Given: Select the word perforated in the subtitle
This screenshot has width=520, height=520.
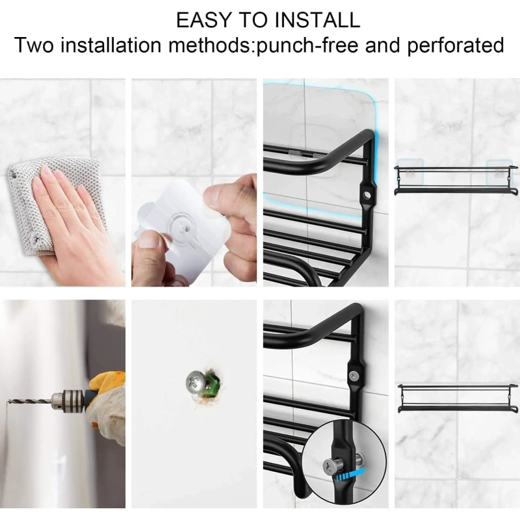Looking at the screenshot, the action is coord(456,45).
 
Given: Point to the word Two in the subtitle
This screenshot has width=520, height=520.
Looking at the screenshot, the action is coord(34,45).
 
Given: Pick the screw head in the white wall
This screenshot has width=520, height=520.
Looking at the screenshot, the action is coord(196,382).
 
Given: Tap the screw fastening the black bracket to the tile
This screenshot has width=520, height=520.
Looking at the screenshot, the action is coord(354,376).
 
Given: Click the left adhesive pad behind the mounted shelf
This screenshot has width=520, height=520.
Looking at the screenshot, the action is coord(410,173).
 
